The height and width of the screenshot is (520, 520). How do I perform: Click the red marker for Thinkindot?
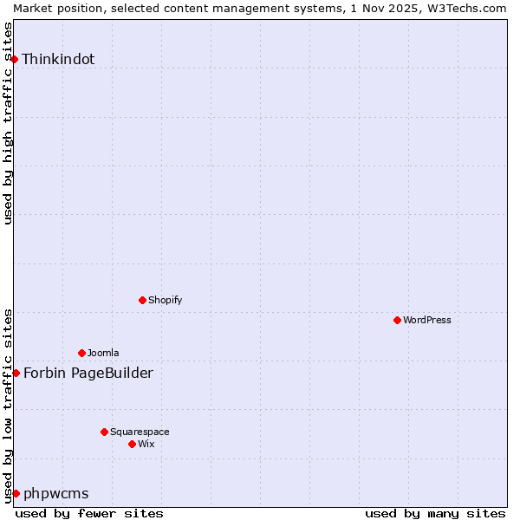pos(15,59)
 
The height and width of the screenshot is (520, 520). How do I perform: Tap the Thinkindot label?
pos(58,60)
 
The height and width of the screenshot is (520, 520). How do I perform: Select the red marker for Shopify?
pos(142,300)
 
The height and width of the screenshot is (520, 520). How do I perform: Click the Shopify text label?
pos(166,300)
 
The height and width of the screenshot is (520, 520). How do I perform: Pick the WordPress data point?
pos(397,320)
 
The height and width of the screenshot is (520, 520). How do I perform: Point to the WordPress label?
pos(427,320)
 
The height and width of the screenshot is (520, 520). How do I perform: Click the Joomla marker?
pos(81,353)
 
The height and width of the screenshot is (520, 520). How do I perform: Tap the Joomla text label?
pos(103,353)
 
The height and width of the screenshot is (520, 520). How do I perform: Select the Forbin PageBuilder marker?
pos(16,373)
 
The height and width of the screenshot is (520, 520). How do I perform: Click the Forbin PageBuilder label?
pos(88,374)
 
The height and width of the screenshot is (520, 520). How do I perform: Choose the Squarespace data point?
pos(104,432)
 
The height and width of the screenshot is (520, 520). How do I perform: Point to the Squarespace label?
pos(140,432)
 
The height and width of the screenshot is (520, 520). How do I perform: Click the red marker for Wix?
pos(132,444)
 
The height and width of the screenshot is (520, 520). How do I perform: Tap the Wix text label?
pos(146,444)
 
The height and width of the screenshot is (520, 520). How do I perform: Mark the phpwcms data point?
pos(16,493)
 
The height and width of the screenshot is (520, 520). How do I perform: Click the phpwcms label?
pos(55,494)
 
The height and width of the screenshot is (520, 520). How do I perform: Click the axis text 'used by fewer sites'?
pos(89,513)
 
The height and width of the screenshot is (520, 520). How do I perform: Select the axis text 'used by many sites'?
pos(435,513)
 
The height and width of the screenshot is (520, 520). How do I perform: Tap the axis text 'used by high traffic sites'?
pos(8,123)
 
